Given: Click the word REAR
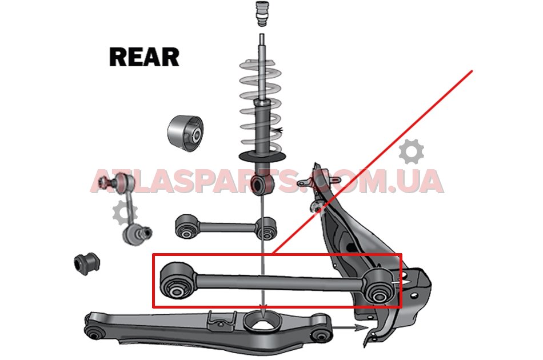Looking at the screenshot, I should [144, 57].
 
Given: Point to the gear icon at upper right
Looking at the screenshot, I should [411, 153].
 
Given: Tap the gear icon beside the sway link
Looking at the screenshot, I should [122, 213].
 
